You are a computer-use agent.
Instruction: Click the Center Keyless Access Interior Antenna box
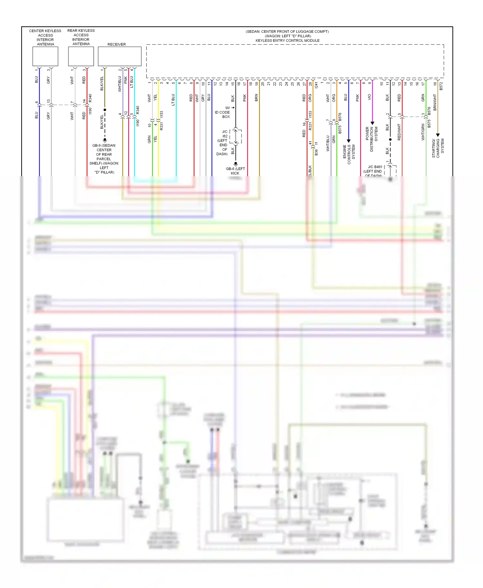click(45, 56)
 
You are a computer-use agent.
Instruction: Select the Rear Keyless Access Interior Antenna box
click(81, 56)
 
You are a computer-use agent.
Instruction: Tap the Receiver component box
click(119, 56)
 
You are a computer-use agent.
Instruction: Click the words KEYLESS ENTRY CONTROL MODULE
click(288, 41)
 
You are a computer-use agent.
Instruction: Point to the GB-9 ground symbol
click(105, 140)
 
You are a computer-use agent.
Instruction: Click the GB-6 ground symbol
click(235, 164)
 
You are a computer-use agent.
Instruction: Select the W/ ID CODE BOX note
click(223, 112)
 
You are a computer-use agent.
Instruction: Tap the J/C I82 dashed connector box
click(236, 136)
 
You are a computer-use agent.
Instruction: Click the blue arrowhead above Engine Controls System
click(348, 141)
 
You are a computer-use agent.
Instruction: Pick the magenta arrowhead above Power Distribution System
click(372, 123)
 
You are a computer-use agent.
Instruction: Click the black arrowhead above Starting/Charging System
click(438, 135)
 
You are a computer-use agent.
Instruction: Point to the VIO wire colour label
click(369, 97)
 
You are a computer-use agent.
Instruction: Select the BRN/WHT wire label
click(435, 102)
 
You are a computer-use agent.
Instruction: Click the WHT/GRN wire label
click(423, 132)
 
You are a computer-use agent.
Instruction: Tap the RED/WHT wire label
click(399, 132)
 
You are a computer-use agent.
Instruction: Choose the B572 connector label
click(441, 86)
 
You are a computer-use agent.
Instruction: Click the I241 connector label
click(316, 85)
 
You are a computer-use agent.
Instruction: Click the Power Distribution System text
click(372, 139)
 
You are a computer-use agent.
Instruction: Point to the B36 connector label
click(316, 152)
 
